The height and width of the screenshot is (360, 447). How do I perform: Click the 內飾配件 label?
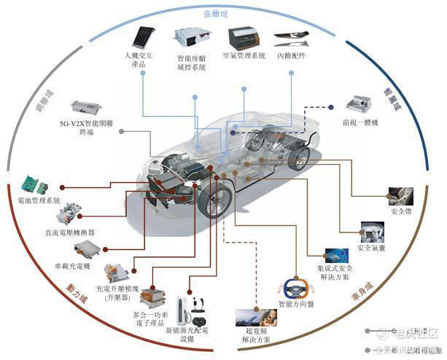(x=294, y=56)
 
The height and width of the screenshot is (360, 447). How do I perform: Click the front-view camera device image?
(x=364, y=103)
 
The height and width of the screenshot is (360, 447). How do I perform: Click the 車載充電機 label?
(x=71, y=266)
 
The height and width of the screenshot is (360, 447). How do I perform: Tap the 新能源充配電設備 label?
(x=189, y=334)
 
